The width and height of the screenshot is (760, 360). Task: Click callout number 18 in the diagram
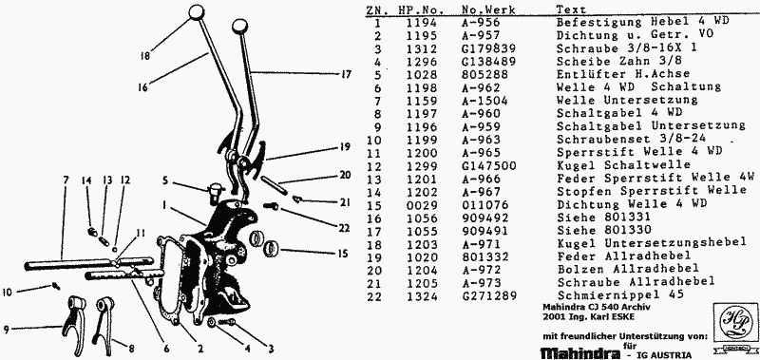[x=145, y=56]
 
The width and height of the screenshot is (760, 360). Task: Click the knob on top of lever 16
[x=197, y=12]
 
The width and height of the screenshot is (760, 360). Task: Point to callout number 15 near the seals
[x=342, y=253]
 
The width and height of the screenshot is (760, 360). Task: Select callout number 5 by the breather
[x=165, y=181]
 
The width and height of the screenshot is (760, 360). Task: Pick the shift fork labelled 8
[x=103, y=319]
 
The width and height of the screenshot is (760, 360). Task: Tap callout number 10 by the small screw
[x=8, y=293]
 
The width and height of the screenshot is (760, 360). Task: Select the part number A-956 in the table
[x=481, y=22]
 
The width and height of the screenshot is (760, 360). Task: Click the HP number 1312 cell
[x=422, y=48]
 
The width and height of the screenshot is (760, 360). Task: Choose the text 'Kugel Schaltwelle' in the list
[x=623, y=164]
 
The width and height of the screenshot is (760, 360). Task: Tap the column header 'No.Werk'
[x=488, y=9]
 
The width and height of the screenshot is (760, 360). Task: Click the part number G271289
[x=489, y=295]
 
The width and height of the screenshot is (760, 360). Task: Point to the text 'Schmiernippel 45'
[x=621, y=295]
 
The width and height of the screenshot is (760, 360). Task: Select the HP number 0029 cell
[x=422, y=203]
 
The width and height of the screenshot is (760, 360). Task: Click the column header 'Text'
[x=571, y=9]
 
